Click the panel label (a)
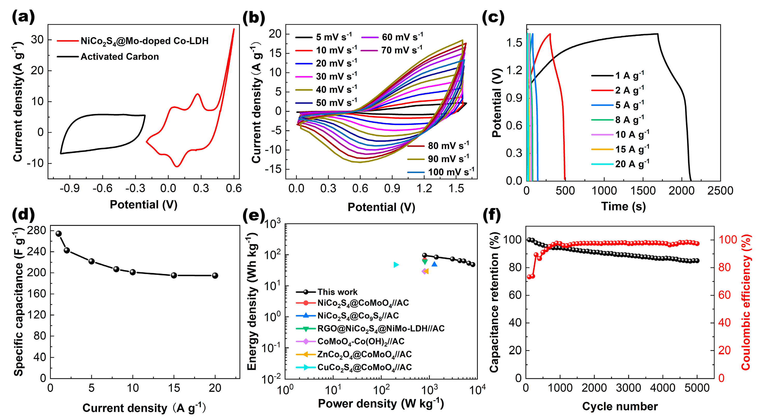[23, 17]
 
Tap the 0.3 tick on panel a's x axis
[201, 188]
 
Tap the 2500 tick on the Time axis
[720, 191]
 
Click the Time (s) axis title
[623, 206]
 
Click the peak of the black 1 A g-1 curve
[657, 34]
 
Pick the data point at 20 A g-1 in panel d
[215, 275]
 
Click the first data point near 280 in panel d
[59, 234]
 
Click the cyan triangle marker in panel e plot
[396, 265]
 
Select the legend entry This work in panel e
[337, 292]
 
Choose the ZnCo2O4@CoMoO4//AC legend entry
[364, 354]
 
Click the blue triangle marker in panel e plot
[434, 264]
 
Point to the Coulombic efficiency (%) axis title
[746, 302]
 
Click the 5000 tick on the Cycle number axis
[697, 388]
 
